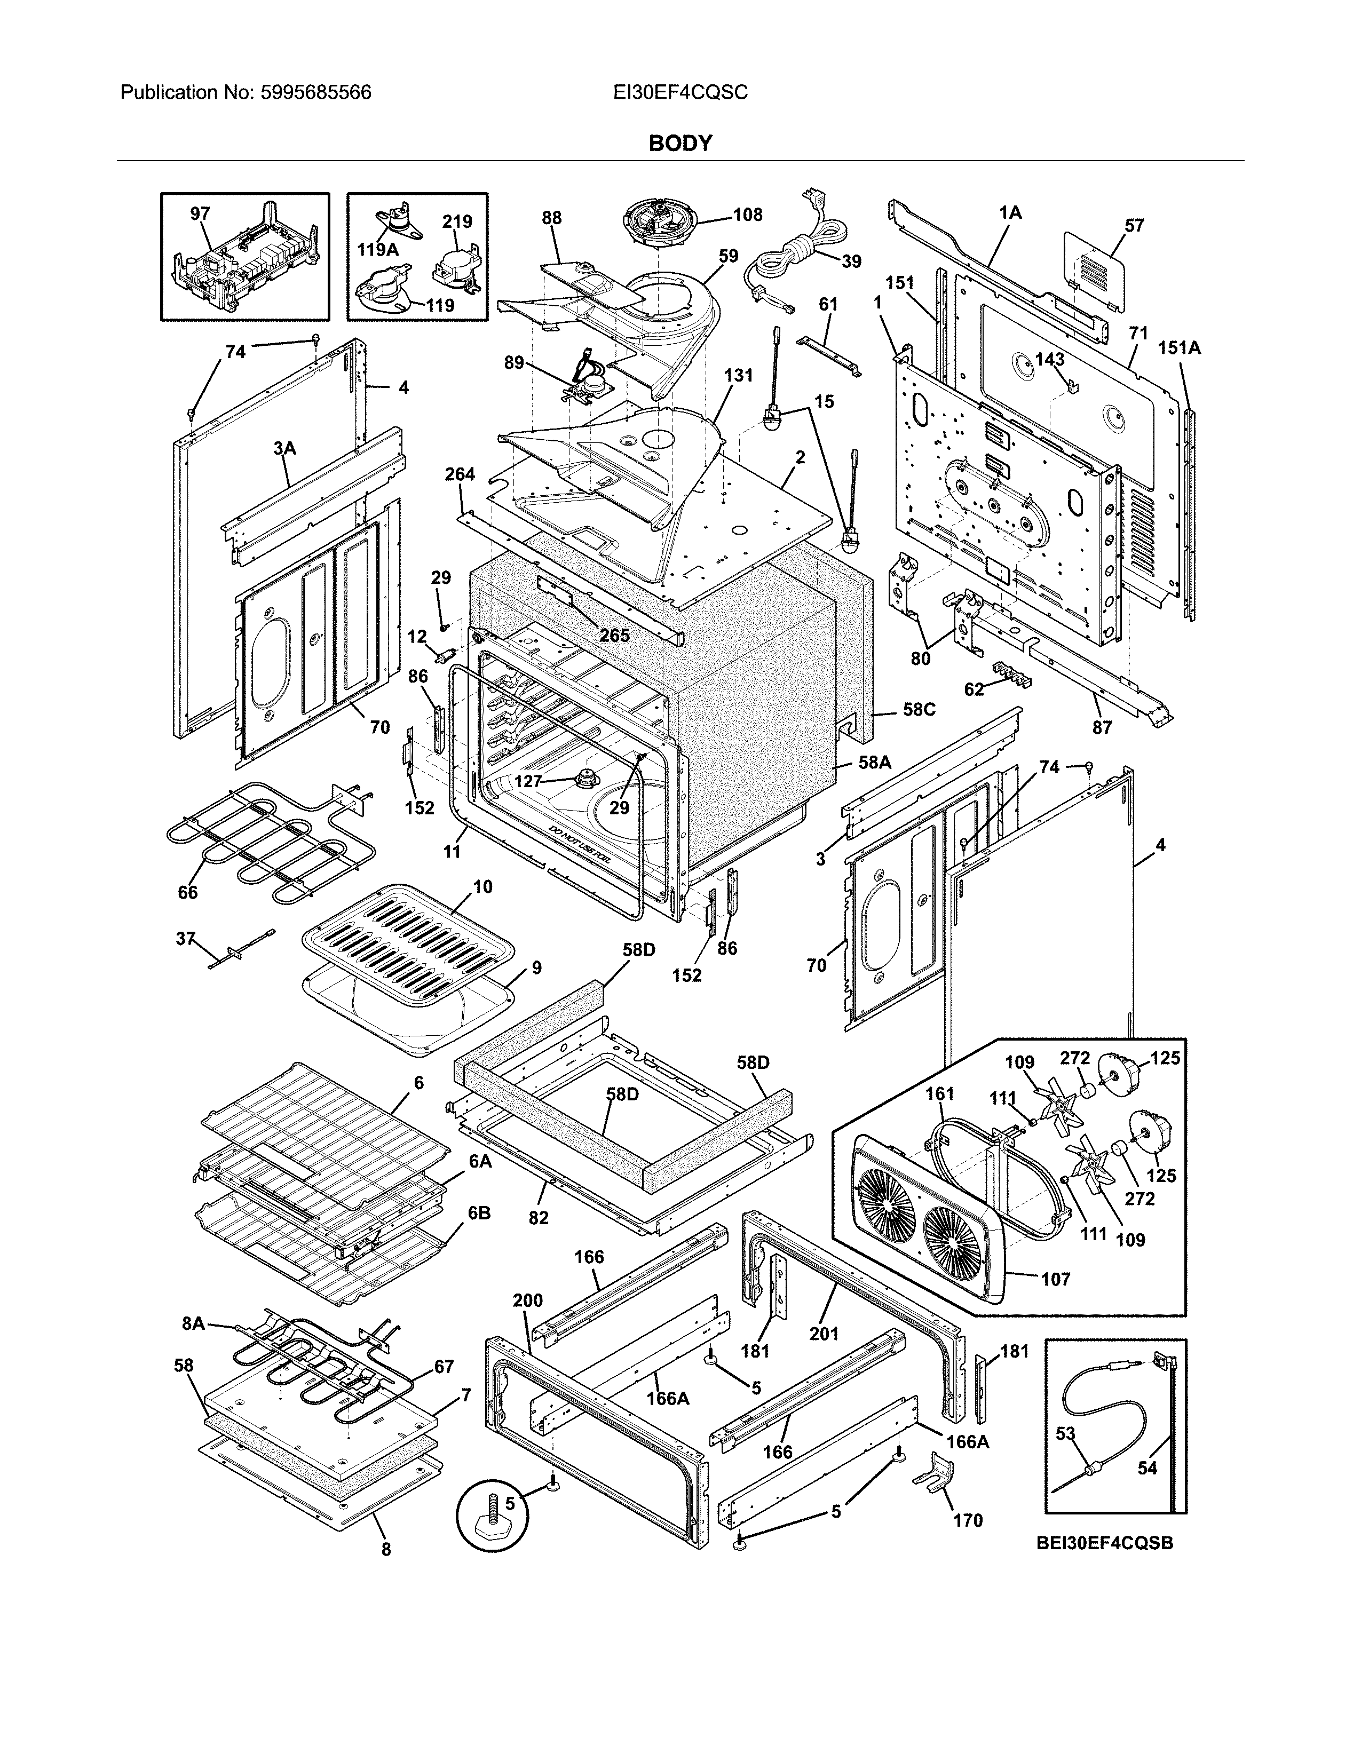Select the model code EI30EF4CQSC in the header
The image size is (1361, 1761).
point(679,93)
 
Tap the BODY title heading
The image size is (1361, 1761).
point(679,144)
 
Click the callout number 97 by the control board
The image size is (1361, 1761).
point(200,213)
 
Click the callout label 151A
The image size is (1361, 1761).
point(1179,347)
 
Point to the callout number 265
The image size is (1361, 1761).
point(614,636)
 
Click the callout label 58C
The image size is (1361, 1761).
point(919,710)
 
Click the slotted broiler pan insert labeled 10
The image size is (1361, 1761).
point(407,943)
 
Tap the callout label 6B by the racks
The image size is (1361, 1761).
point(479,1236)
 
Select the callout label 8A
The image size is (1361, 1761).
point(194,1323)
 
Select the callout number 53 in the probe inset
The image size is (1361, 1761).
point(1065,1434)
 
